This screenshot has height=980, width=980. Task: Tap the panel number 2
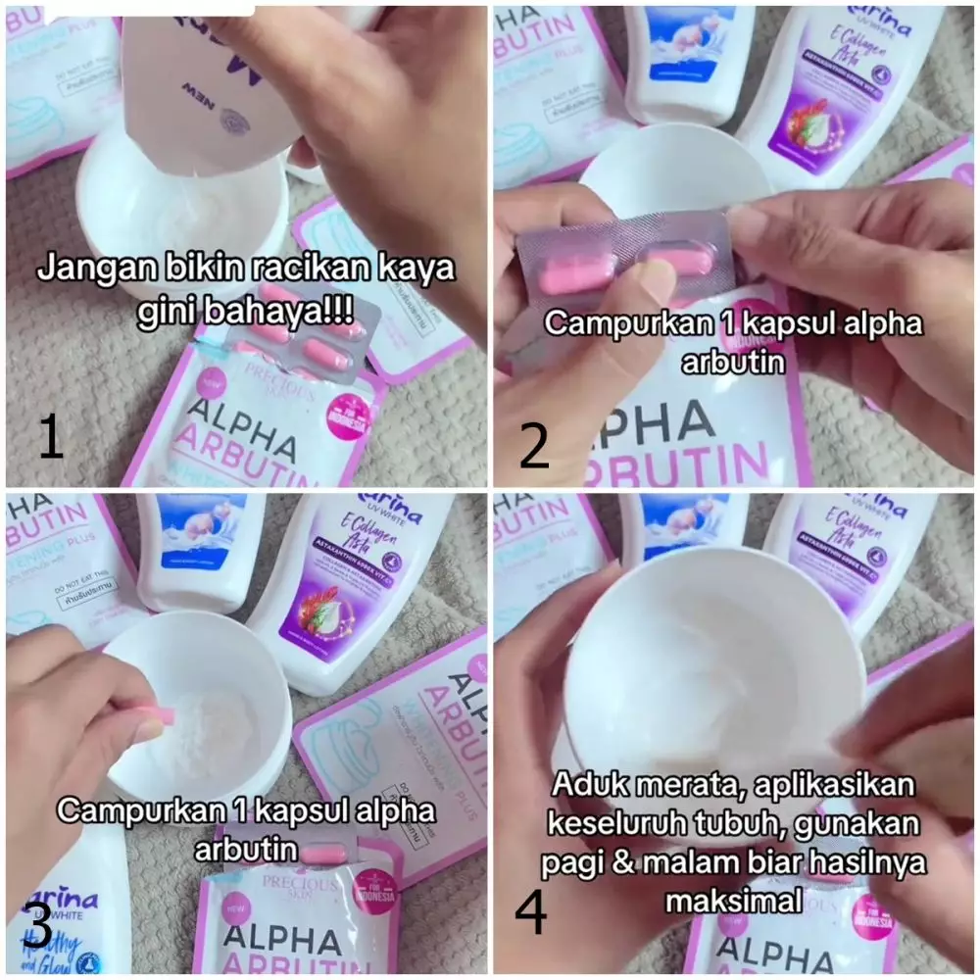point(534,444)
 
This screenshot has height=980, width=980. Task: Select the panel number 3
point(36,926)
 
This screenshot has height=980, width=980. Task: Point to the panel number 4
point(530,912)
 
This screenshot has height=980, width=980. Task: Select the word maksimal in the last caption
point(730,898)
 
